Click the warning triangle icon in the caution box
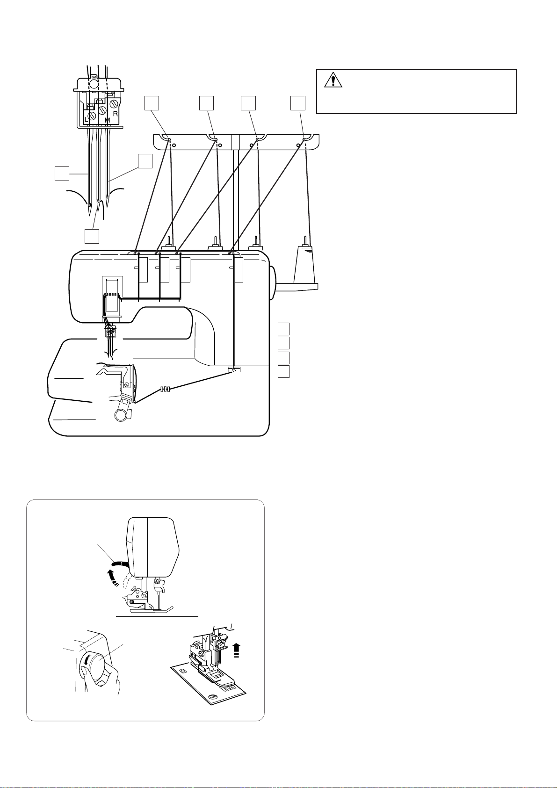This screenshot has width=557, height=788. pos(333,81)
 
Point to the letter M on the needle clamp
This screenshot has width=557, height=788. pos(107,120)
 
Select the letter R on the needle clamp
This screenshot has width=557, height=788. pos(115,113)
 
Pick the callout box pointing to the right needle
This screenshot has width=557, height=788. pos(145,161)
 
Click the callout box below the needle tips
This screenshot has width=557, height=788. pos(92,236)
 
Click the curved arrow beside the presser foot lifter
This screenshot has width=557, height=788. pos(110,577)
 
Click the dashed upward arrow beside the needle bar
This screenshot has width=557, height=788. pos(236,649)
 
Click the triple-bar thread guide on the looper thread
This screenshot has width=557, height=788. pos(164,389)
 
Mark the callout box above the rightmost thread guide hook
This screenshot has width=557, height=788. pos(297,103)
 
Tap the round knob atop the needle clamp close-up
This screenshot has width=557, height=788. pos(94,84)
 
